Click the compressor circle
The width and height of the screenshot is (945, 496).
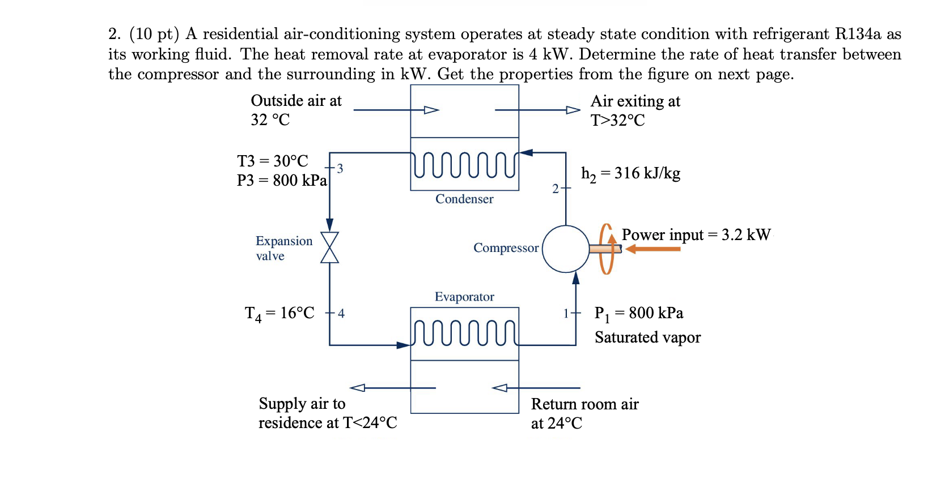click(x=566, y=249)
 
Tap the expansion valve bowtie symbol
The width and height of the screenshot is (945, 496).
click(x=329, y=247)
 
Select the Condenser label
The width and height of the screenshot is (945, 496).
click(x=464, y=199)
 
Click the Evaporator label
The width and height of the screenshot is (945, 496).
click(x=464, y=297)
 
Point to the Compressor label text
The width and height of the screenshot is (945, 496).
click(x=506, y=248)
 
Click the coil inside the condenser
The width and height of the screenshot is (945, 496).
click(x=464, y=164)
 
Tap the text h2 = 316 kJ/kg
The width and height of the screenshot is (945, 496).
click(x=630, y=174)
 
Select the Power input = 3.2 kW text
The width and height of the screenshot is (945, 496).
click(x=696, y=234)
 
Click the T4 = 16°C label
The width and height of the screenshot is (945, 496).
click(x=279, y=313)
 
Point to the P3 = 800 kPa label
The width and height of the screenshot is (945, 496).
click(x=282, y=180)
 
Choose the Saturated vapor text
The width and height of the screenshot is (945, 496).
click(x=647, y=337)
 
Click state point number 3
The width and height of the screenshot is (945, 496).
click(x=340, y=168)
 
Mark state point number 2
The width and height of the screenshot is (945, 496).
click(x=556, y=189)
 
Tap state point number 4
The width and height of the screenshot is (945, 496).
click(x=341, y=313)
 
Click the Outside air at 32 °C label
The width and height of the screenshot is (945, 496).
click(x=296, y=110)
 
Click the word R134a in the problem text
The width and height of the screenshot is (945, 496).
click(x=858, y=34)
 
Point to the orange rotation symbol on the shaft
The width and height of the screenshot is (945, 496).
click(x=607, y=249)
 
